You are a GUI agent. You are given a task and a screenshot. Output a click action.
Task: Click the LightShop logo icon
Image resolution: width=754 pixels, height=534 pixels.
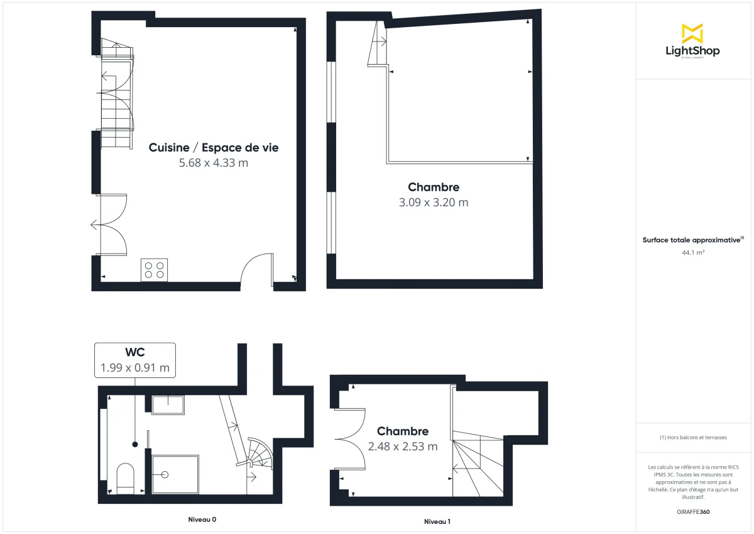(x=692, y=33)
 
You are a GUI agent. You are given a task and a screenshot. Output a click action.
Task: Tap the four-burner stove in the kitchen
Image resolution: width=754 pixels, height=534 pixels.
(x=154, y=270)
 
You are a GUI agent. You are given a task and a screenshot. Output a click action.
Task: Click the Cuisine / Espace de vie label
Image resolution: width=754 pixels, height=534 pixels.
(x=214, y=148)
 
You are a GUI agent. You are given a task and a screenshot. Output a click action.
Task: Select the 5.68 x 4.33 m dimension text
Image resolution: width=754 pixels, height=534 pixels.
(x=214, y=164)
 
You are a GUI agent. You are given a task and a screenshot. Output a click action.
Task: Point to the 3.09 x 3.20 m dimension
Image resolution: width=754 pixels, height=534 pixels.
(x=434, y=203)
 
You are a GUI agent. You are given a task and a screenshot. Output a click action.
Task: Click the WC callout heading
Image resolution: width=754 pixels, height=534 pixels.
(x=135, y=353)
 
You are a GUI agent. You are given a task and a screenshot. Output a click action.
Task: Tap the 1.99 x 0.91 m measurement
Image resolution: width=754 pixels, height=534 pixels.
(x=135, y=368)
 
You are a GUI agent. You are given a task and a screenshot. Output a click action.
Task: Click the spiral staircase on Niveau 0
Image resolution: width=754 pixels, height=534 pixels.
(x=260, y=453)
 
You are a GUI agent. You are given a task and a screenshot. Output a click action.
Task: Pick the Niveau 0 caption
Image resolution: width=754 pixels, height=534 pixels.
(x=202, y=520)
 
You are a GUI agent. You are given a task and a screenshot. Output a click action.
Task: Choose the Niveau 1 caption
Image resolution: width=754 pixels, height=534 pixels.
(x=437, y=521)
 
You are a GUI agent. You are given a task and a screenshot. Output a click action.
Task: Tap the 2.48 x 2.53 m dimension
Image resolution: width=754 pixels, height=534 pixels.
(x=403, y=447)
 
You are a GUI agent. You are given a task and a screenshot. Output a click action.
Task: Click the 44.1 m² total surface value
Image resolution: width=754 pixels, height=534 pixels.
(x=692, y=253)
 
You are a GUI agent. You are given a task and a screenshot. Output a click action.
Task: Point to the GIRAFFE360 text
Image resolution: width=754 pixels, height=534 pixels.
(x=692, y=512)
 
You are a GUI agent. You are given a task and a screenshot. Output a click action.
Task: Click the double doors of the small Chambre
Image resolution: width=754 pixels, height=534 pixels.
(x=351, y=438)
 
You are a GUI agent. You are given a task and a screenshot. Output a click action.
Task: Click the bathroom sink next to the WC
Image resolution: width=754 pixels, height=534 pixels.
(x=168, y=405)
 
